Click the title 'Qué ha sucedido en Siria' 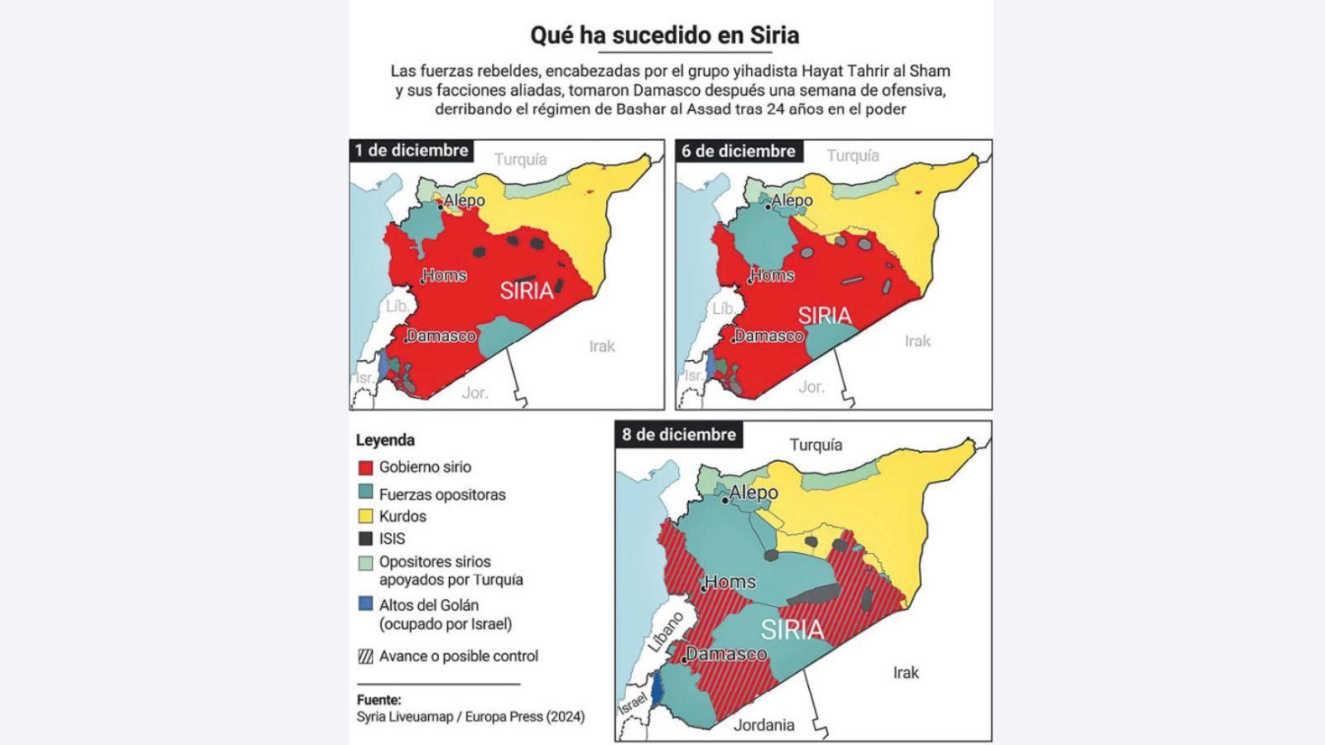pyautogui.click(x=664, y=36)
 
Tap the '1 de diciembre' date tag pyautogui.click(x=412, y=151)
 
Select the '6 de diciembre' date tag pyautogui.click(x=738, y=151)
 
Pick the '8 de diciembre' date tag pyautogui.click(x=678, y=435)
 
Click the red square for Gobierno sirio pyautogui.click(x=365, y=468)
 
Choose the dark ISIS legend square pyautogui.click(x=365, y=539)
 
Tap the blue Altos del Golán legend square pyautogui.click(x=365, y=604)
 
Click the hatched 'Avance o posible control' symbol pyautogui.click(x=365, y=656)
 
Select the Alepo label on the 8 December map pyautogui.click(x=754, y=493)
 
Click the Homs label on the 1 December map pyautogui.click(x=446, y=276)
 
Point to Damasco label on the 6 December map pyautogui.click(x=769, y=336)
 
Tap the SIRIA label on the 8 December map pyautogui.click(x=793, y=629)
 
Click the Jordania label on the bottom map pyautogui.click(x=764, y=725)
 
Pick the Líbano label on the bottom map pyautogui.click(x=666, y=632)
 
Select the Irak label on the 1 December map pyautogui.click(x=602, y=346)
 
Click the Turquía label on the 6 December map pyautogui.click(x=852, y=156)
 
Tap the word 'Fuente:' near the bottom pyautogui.click(x=378, y=699)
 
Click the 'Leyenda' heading pyautogui.click(x=385, y=440)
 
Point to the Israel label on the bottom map pyautogui.click(x=633, y=704)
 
